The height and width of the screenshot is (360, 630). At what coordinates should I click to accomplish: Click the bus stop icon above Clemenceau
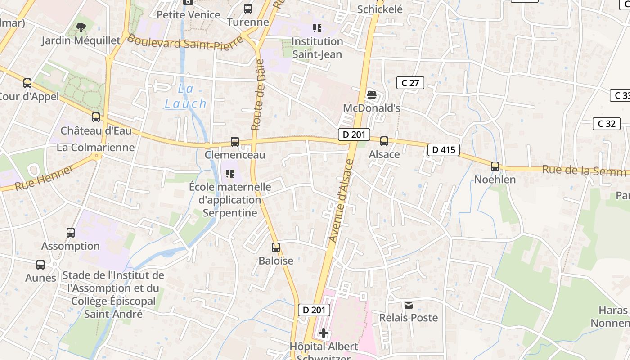tap(234, 141)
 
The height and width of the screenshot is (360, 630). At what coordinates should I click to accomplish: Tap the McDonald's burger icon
tap(372, 94)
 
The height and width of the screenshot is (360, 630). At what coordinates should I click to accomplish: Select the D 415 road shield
tap(443, 150)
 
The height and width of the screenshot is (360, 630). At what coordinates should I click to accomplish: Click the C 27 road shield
tap(410, 83)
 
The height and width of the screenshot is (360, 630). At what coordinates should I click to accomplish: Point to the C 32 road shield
tap(606, 123)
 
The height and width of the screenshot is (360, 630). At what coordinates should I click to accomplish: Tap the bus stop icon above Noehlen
tap(495, 166)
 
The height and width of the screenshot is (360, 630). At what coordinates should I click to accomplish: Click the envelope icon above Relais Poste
tap(409, 305)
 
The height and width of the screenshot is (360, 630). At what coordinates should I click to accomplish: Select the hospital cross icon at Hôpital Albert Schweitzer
tap(324, 333)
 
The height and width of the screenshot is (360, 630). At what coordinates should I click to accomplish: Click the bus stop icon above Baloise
tap(276, 247)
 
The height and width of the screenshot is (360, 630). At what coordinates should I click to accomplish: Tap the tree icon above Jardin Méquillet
tap(81, 28)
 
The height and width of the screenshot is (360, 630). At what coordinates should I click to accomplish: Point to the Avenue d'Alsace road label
tap(342, 200)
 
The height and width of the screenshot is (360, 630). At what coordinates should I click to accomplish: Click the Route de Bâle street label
tap(259, 95)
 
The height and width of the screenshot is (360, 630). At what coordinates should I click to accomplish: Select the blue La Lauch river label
tap(185, 96)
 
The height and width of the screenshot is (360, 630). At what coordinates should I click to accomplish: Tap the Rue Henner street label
tap(44, 178)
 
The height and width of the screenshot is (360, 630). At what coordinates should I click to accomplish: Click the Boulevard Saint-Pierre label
tap(184, 43)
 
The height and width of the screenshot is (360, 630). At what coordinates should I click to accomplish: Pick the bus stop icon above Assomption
tap(71, 233)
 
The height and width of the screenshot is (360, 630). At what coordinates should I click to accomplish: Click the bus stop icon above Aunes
tap(40, 265)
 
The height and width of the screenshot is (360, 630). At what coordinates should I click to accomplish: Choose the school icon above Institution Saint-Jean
tap(317, 28)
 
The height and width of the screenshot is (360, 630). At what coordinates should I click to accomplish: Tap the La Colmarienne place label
tap(95, 147)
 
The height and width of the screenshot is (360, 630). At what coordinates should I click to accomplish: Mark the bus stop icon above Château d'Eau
tap(96, 117)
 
